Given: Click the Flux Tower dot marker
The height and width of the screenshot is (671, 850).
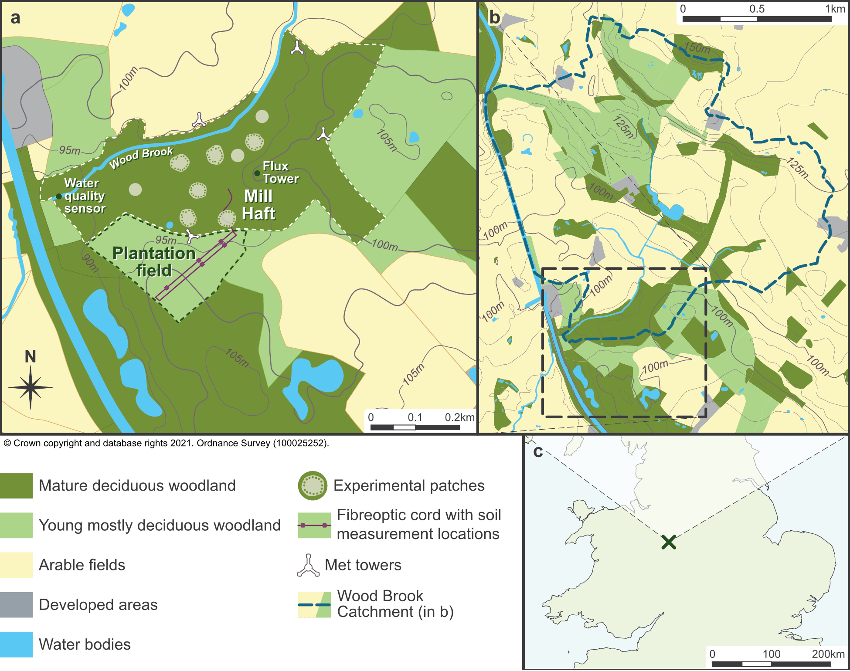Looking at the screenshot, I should coord(257,173).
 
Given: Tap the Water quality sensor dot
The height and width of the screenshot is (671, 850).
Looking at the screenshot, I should coord(59,197).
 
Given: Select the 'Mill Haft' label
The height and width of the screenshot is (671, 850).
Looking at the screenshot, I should coord(258,205).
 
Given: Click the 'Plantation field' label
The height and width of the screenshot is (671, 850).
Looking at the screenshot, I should coord(154,261).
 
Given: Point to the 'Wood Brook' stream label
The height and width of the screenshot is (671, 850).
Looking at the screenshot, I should coord(141,157).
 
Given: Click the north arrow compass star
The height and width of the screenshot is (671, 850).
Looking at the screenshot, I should coord(30,387).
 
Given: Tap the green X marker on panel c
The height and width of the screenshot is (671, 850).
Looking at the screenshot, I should coord(668,542).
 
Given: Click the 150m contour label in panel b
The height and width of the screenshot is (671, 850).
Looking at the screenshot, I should coord(697,47).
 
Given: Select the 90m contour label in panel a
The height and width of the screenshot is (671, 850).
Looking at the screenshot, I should coord(90,263).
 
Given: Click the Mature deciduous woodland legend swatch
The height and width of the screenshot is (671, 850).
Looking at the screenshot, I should coord(17,485).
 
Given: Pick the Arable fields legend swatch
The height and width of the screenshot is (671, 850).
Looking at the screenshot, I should coord(17,565).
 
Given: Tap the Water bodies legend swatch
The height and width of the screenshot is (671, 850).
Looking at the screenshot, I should coord(17,644).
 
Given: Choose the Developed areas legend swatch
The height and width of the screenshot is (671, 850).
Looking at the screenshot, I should coord(17,605).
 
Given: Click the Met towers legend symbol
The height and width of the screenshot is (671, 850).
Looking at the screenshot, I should coord(308,566).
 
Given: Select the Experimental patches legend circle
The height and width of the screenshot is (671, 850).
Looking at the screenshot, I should coord(313,485).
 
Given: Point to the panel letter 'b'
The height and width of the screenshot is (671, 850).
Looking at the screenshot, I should coord(494,17).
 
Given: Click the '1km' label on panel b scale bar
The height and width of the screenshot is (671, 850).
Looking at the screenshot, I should coord(834,9).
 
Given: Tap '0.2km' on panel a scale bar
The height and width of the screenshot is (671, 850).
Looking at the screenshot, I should coord(459,417).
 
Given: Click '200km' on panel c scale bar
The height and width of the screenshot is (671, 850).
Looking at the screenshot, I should coord(828,654).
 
